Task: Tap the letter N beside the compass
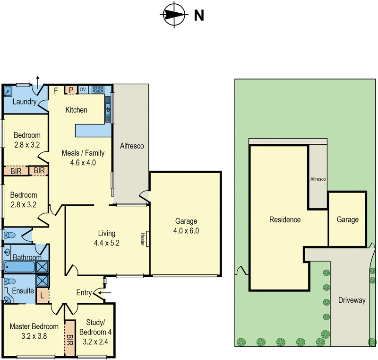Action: click(x=199, y=16)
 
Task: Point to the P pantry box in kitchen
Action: click(x=71, y=90)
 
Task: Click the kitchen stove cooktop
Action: click(x=98, y=89)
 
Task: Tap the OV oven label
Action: click(x=83, y=89)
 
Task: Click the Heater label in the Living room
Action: click(x=142, y=239)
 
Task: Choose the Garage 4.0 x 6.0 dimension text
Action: click(x=186, y=231)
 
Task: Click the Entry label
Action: click(x=84, y=293)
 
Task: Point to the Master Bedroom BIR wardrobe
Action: click(x=70, y=338)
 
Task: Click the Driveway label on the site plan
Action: click(x=352, y=300)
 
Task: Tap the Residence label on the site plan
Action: click(x=284, y=220)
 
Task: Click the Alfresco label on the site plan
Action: click(x=318, y=179)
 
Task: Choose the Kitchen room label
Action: click(x=76, y=110)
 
